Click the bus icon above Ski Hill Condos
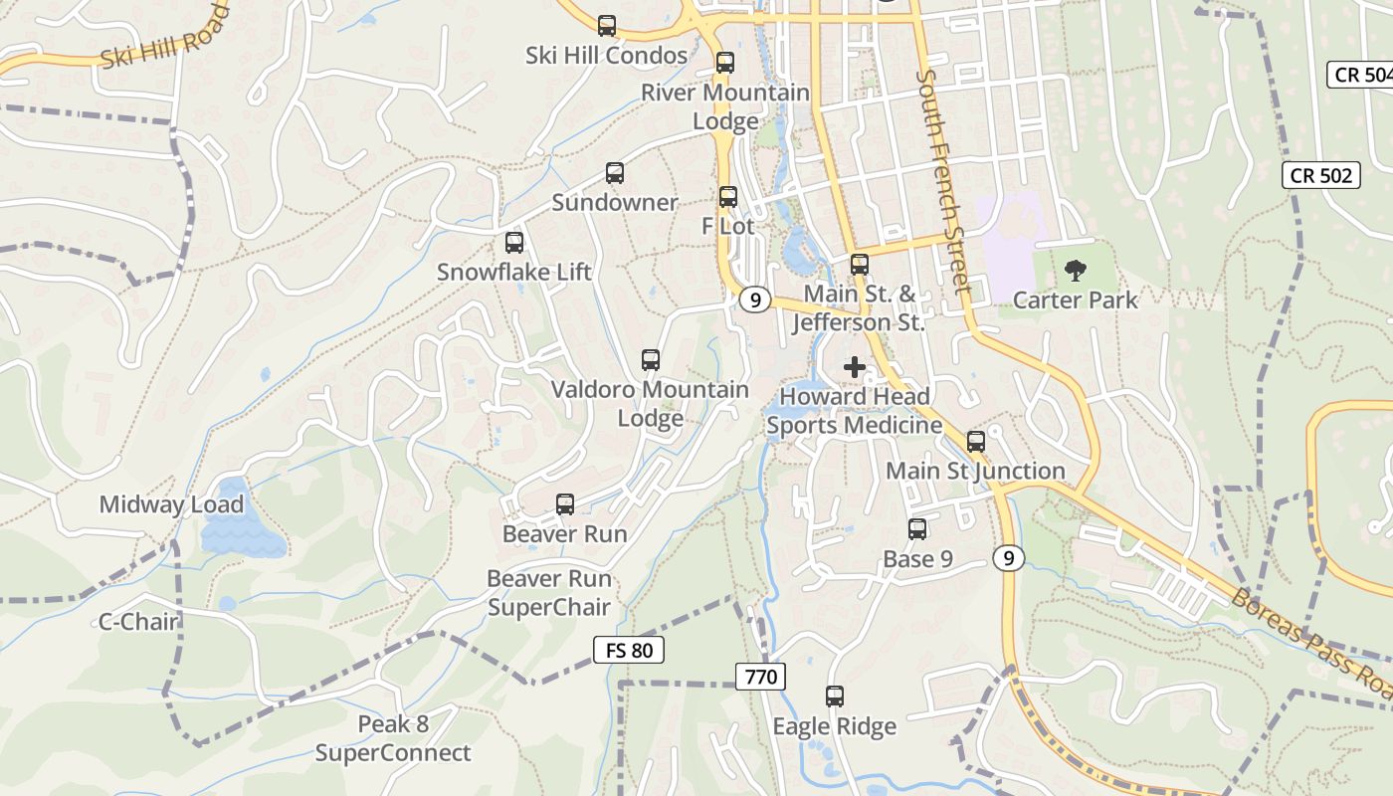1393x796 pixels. pos(607,26)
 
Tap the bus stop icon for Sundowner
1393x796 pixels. pos(615,173)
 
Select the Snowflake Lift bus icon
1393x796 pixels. pos(514,243)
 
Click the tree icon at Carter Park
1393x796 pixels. pos(1075,270)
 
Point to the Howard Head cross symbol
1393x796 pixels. pos(854,367)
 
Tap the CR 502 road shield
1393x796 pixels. pos(1320,175)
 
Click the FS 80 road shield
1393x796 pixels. pos(628,651)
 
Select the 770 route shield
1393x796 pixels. pos(761,678)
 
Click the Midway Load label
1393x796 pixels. pos(171,504)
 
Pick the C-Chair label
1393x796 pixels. pos(138,622)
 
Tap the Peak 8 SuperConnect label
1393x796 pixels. pos(393,738)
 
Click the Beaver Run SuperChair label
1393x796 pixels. pos(549,592)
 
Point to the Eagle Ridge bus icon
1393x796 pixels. pos(835,696)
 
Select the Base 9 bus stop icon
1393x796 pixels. pos(917,529)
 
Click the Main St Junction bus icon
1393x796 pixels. pos(976,441)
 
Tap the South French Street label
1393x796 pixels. pos(942,181)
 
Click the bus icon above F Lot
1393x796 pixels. pos(728,197)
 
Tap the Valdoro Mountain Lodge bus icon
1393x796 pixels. pos(651,360)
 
